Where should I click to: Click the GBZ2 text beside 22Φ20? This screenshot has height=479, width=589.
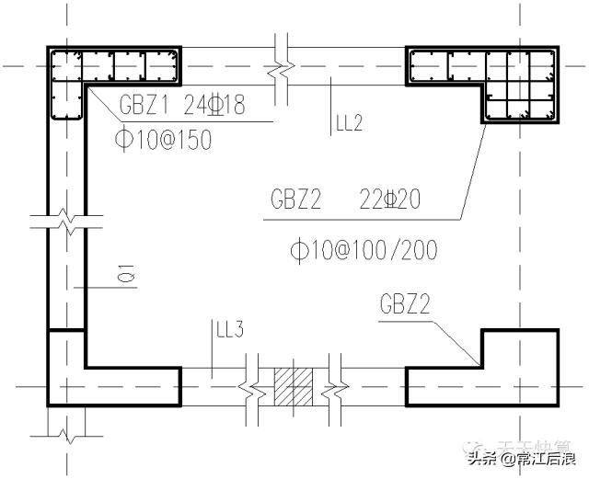coord(296,200)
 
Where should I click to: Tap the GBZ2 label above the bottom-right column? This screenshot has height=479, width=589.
coord(409,304)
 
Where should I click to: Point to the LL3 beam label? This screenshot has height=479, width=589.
coord(228,329)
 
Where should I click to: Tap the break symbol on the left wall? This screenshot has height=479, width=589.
coord(66,221)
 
